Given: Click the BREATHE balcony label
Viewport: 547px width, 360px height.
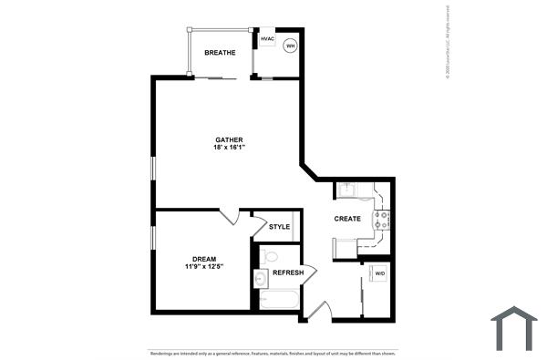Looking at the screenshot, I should click(220, 53).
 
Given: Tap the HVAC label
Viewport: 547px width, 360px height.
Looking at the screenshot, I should click(267, 39).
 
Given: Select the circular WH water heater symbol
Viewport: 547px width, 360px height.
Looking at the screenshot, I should click(291, 46).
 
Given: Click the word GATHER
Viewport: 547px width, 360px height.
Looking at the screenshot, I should click(229, 139).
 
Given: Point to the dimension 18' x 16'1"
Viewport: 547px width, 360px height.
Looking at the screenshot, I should click(229, 148).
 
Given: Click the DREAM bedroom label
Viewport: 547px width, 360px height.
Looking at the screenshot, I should click(204, 258).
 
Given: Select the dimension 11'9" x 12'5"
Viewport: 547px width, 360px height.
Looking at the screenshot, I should click(204, 267).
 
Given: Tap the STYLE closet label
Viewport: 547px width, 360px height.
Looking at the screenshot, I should click(279, 227).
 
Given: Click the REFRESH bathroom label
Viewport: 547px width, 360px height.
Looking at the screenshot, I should click(288, 272).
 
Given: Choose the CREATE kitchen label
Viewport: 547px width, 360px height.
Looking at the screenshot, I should click(347, 219).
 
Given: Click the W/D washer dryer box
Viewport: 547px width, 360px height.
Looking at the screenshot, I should click(380, 273).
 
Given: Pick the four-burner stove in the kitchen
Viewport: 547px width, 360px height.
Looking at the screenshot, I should click(384, 219).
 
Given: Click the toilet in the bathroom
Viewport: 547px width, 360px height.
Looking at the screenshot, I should click(269, 256).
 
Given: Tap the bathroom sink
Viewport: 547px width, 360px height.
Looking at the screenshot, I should click(259, 279).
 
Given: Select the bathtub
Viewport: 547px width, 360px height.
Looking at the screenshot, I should click(278, 300).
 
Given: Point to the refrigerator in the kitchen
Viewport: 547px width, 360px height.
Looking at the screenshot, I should click(346, 247).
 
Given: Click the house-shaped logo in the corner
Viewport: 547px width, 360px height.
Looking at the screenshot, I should click(514, 328).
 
